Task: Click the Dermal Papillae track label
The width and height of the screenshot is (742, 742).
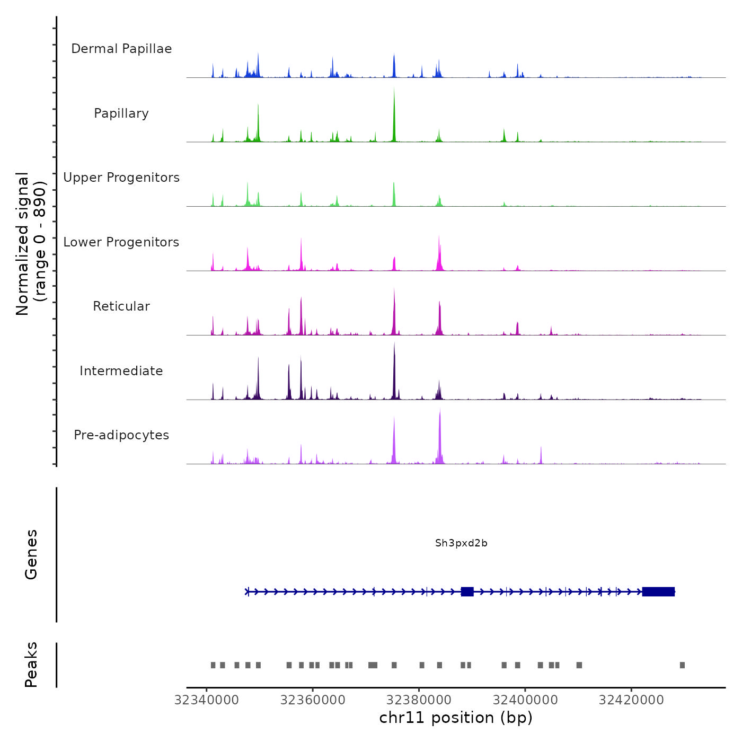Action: (x=121, y=49)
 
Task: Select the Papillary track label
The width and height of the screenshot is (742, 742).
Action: (x=121, y=113)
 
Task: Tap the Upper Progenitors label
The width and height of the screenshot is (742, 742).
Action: (x=121, y=178)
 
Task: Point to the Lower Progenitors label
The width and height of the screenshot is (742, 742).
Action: (x=121, y=242)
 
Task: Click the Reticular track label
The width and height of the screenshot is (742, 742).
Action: (x=121, y=306)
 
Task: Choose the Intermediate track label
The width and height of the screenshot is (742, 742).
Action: (x=121, y=371)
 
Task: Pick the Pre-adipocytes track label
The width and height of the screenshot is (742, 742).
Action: (x=121, y=435)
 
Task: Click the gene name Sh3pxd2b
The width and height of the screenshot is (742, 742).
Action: (x=461, y=543)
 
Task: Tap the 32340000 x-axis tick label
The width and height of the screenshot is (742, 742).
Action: (x=207, y=700)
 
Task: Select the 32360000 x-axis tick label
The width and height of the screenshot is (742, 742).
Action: (x=313, y=700)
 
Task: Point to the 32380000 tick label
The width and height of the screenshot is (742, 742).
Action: (x=419, y=700)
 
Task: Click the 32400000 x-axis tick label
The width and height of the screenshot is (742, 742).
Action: (x=525, y=700)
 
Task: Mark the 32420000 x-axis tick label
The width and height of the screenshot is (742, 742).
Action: (x=631, y=700)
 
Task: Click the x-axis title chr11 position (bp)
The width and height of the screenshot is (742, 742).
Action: (x=456, y=718)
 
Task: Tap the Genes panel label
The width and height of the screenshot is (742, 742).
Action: (x=31, y=554)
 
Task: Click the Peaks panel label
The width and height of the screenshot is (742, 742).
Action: (x=31, y=665)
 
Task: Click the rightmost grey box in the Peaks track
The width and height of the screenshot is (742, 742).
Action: (x=682, y=665)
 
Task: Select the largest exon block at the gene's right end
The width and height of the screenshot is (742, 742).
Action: (x=658, y=591)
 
